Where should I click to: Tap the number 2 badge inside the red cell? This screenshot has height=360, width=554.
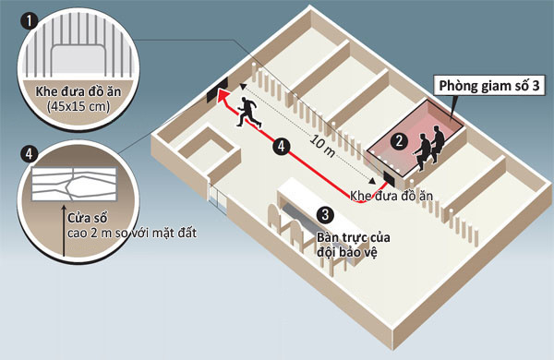click(x=398, y=141)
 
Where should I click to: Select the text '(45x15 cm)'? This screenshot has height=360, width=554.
click(x=78, y=106)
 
